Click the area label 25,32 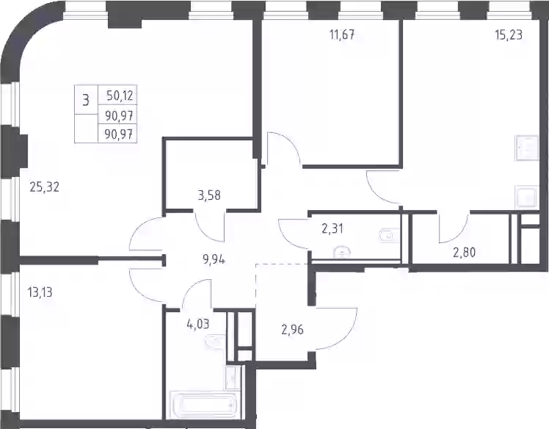(45, 187)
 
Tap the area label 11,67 (342, 35)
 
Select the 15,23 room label (509, 35)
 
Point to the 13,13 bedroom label (40, 292)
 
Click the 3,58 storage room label (209, 195)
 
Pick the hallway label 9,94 (214, 260)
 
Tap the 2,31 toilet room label (332, 228)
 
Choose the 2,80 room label (465, 252)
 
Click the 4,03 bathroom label (198, 323)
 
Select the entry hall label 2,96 (292, 330)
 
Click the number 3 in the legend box (86, 100)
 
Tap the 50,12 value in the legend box (120, 95)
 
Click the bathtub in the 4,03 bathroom (205, 405)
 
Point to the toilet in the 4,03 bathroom (215, 342)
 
